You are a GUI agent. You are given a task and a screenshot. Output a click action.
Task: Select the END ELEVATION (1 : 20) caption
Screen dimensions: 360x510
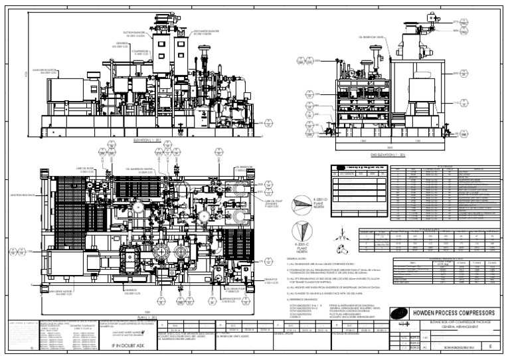[x=386, y=154]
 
